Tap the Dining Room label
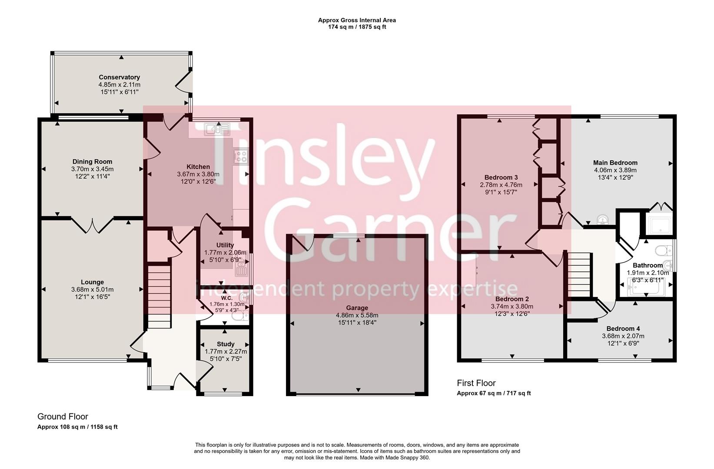point(92,162)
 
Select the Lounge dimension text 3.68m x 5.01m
point(92,290)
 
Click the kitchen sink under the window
point(217,129)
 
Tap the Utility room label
point(225,245)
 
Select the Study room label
point(226,344)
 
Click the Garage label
point(357,308)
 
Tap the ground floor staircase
point(159,297)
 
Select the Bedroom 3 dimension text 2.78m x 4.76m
point(501,185)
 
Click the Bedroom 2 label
point(512,299)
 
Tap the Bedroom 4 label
point(623,329)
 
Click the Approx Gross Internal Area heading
point(356,20)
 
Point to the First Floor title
point(476,383)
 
